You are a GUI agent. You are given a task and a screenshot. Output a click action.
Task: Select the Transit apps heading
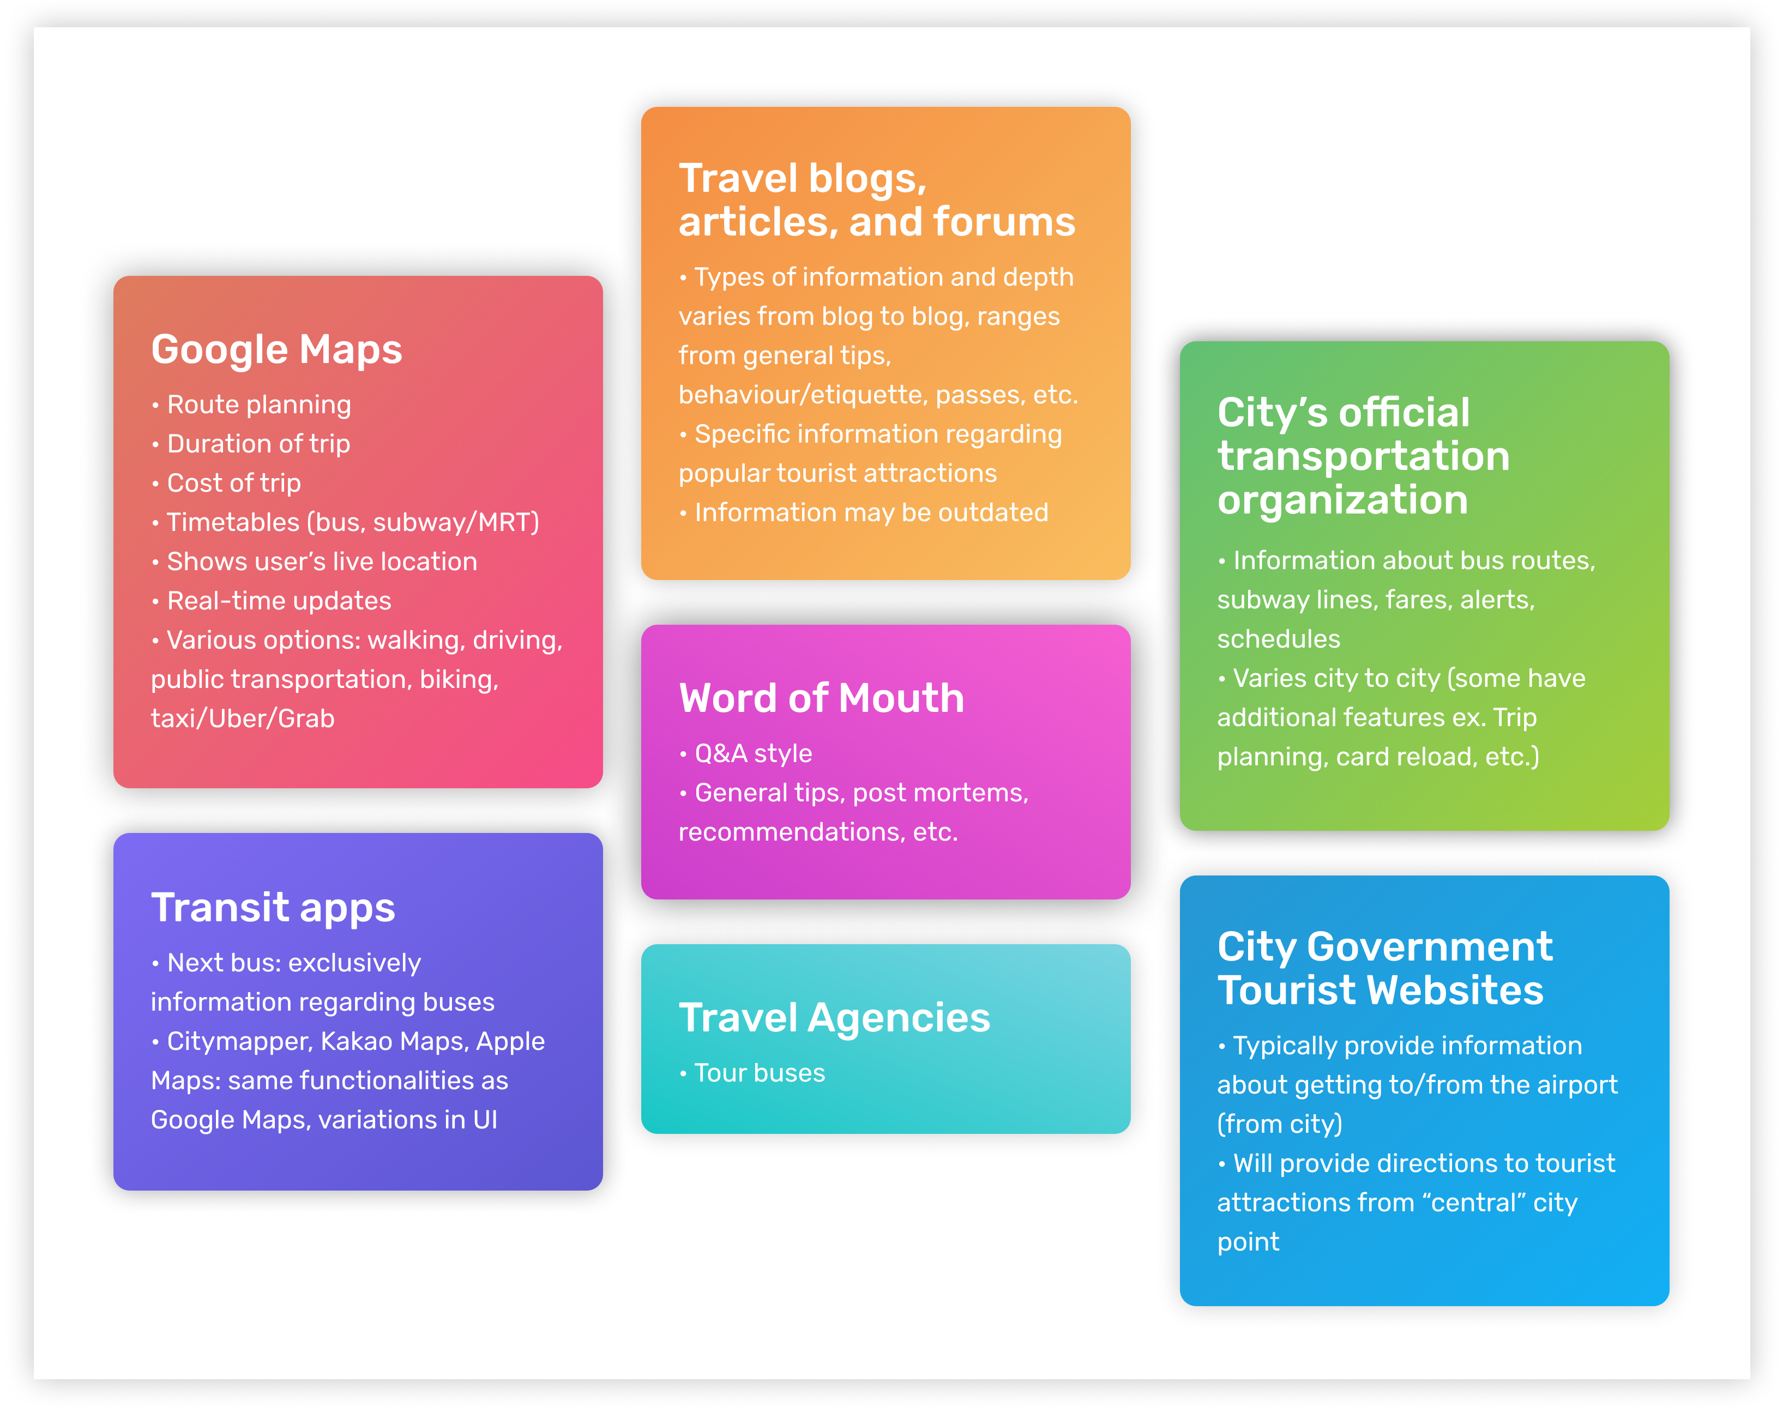(273, 908)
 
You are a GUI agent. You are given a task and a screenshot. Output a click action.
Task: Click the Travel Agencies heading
(834, 1018)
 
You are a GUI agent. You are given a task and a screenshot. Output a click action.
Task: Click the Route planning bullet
(251, 404)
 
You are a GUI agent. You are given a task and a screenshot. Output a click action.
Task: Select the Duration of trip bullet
(251, 444)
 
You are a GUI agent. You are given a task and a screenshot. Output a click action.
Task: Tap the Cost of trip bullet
(226, 483)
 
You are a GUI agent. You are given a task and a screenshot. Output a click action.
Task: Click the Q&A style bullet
(746, 753)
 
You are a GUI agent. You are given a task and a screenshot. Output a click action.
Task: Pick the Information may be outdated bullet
(863, 512)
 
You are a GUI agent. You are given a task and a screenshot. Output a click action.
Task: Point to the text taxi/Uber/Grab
(242, 718)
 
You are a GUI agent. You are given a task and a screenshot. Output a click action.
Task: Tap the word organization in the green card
(1342, 501)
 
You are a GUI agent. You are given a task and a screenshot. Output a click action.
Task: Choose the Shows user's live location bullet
(314, 561)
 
